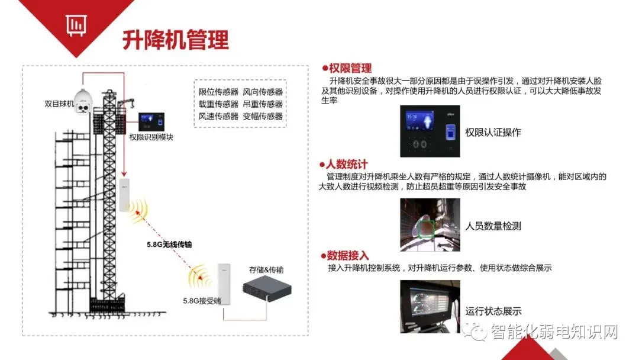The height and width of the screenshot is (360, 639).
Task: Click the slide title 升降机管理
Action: [x=175, y=40]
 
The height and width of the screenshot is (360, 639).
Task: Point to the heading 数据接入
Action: [x=348, y=256]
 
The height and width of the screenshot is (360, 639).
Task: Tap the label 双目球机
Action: [x=59, y=104]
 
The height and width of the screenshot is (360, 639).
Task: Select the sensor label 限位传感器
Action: [x=218, y=92]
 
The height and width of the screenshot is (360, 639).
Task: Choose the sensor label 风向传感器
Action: [x=263, y=92]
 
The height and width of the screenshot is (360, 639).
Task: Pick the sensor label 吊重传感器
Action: [x=263, y=104]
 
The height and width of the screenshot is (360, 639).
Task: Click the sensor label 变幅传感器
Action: [x=263, y=116]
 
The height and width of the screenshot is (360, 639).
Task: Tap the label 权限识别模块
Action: [x=151, y=137]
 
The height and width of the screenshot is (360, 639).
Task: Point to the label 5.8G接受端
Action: [x=202, y=301]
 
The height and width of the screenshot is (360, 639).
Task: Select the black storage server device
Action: [x=267, y=289]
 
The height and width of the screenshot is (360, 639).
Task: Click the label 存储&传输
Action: [x=266, y=270]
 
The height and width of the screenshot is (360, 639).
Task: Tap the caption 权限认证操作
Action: [x=493, y=133]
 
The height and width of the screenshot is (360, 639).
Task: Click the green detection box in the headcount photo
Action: [x=425, y=227]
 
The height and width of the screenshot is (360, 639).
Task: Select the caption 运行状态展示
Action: [x=493, y=311]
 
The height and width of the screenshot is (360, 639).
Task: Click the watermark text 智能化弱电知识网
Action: [x=554, y=333]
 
